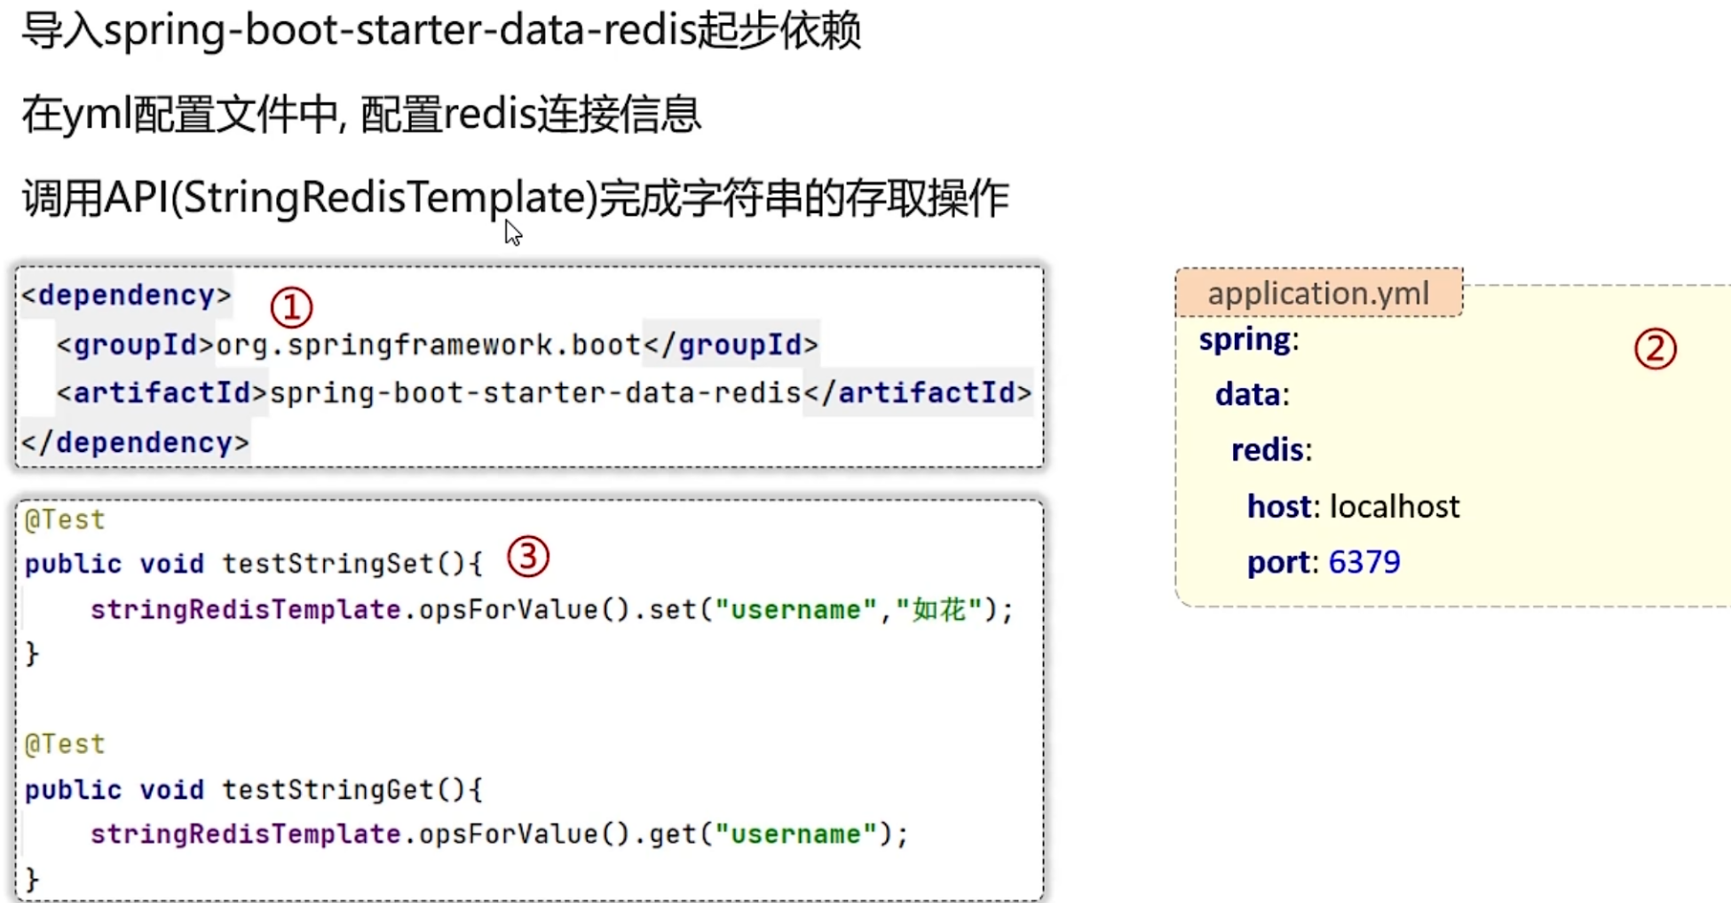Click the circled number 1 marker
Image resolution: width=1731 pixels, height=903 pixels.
[x=291, y=307]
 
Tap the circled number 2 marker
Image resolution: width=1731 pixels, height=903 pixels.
[x=1655, y=349]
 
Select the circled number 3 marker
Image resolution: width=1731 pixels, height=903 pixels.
[x=528, y=558]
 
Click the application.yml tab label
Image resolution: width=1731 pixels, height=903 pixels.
[x=1318, y=293]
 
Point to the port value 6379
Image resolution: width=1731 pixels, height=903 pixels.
[x=1364, y=562]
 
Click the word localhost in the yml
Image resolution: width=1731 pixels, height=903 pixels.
[x=1395, y=506]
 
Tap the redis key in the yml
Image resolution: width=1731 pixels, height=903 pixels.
[x=1269, y=450]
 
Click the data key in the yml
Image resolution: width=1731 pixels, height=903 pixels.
[x=1249, y=394]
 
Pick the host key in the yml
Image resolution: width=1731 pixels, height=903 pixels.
[x=1279, y=506]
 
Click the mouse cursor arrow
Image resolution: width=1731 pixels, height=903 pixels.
[x=512, y=233]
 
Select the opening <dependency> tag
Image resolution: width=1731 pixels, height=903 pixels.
[x=126, y=295]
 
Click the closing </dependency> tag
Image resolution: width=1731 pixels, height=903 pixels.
[x=135, y=442]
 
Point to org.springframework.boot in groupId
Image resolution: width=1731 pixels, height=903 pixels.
[x=428, y=345]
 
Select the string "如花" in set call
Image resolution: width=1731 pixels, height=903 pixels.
[x=939, y=610]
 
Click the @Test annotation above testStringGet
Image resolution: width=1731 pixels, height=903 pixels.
[x=65, y=744]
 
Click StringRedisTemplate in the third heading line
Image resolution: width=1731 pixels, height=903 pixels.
[x=384, y=197]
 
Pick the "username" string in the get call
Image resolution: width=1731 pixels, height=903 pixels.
[x=795, y=835]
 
